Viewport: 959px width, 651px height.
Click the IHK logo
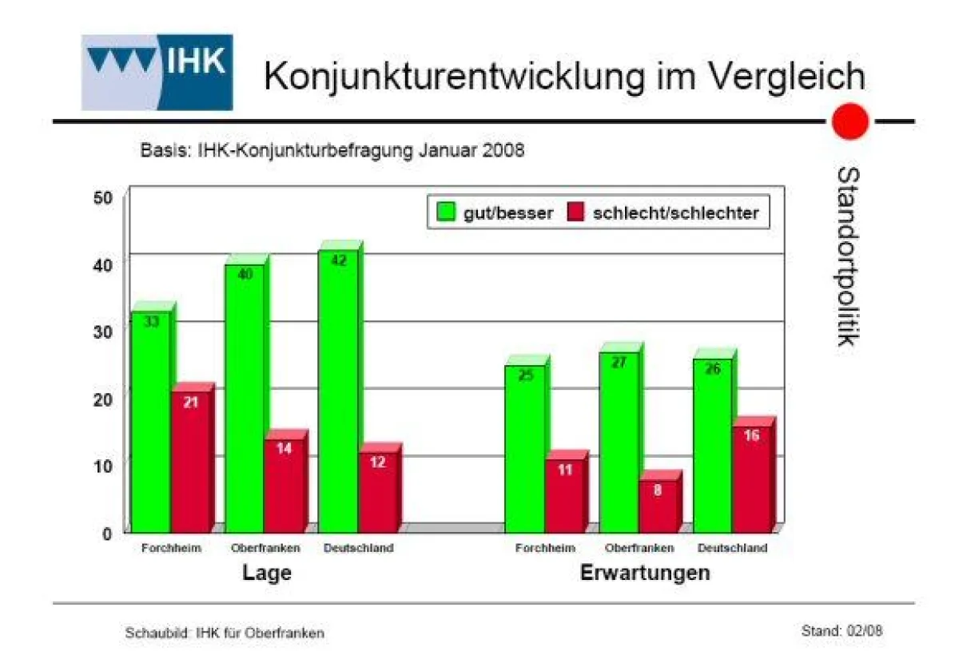point(157,72)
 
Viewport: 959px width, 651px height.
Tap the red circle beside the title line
point(850,122)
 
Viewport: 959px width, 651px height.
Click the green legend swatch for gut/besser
point(446,212)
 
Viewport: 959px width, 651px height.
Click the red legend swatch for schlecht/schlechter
point(576,212)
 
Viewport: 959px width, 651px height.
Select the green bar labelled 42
point(338,391)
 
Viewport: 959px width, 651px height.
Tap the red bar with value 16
point(751,479)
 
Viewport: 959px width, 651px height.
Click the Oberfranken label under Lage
point(265,548)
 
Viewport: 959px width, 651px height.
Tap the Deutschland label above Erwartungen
point(732,548)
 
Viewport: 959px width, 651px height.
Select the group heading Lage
point(266,574)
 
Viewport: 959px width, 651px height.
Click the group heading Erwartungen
point(644,574)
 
